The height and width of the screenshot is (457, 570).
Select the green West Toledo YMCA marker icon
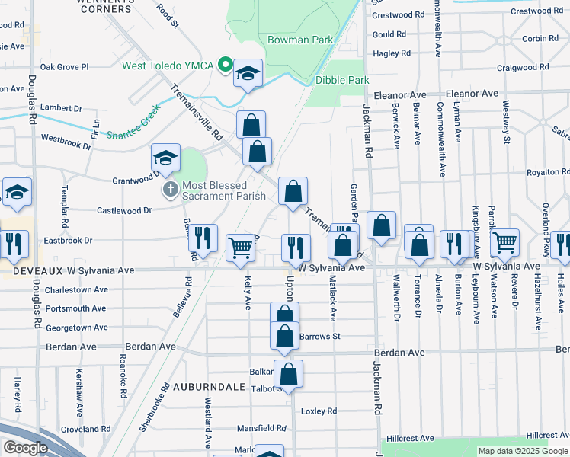(x=225, y=64)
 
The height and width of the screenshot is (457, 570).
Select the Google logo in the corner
(x=25, y=448)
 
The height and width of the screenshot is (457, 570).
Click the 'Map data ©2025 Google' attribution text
(x=522, y=451)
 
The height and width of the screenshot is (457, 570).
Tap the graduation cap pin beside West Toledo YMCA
(x=248, y=74)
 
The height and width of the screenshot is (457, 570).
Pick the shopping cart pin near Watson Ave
(x=504, y=243)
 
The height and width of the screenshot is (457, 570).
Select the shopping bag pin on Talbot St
(x=288, y=374)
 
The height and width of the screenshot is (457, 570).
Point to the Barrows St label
(x=319, y=336)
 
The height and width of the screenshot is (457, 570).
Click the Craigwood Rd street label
(x=522, y=67)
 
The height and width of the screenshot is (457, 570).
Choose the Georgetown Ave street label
(x=76, y=328)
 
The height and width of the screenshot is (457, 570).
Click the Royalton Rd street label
(x=548, y=172)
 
